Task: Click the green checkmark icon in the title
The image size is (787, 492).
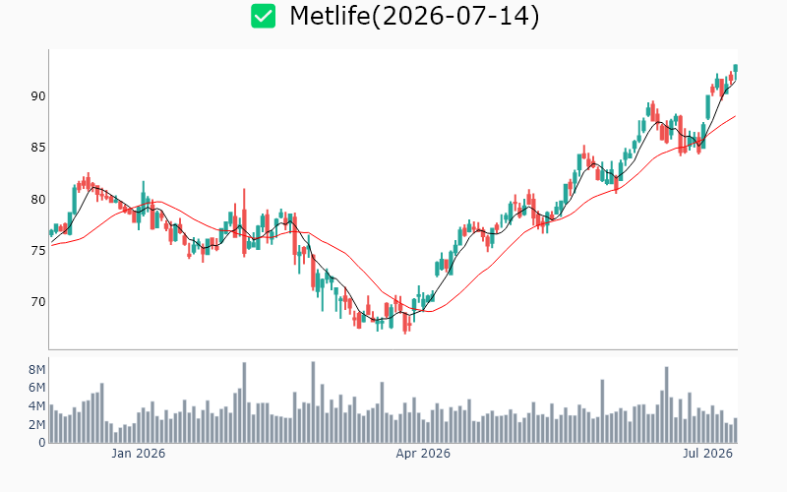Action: pyautogui.click(x=263, y=16)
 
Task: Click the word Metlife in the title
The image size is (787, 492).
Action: pyautogui.click(x=330, y=16)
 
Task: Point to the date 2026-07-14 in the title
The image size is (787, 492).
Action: pyautogui.click(x=454, y=16)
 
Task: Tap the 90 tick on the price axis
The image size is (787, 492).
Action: pyautogui.click(x=38, y=95)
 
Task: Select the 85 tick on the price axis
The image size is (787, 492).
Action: pyautogui.click(x=38, y=148)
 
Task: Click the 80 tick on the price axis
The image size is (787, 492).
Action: pyautogui.click(x=38, y=200)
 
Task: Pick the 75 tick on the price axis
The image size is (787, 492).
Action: pyautogui.click(x=38, y=251)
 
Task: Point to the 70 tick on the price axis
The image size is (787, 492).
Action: pyautogui.click(x=38, y=302)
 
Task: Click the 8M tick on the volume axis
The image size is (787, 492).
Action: pyautogui.click(x=36, y=370)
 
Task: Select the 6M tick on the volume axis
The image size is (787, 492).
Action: pyautogui.click(x=36, y=388)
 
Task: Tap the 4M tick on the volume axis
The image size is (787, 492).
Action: pyautogui.click(x=36, y=406)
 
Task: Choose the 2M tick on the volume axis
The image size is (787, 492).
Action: pyautogui.click(x=36, y=425)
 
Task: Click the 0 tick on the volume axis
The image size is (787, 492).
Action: pyautogui.click(x=42, y=443)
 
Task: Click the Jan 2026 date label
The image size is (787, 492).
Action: pyautogui.click(x=138, y=454)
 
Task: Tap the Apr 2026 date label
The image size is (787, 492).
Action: pyautogui.click(x=423, y=454)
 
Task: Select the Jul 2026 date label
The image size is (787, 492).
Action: pyautogui.click(x=707, y=454)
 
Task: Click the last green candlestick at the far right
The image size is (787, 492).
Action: pyautogui.click(x=735, y=70)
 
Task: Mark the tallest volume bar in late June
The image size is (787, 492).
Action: pyautogui.click(x=667, y=404)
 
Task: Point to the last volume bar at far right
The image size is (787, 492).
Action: pyautogui.click(x=735, y=430)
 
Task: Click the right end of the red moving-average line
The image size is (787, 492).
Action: pyautogui.click(x=735, y=116)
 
